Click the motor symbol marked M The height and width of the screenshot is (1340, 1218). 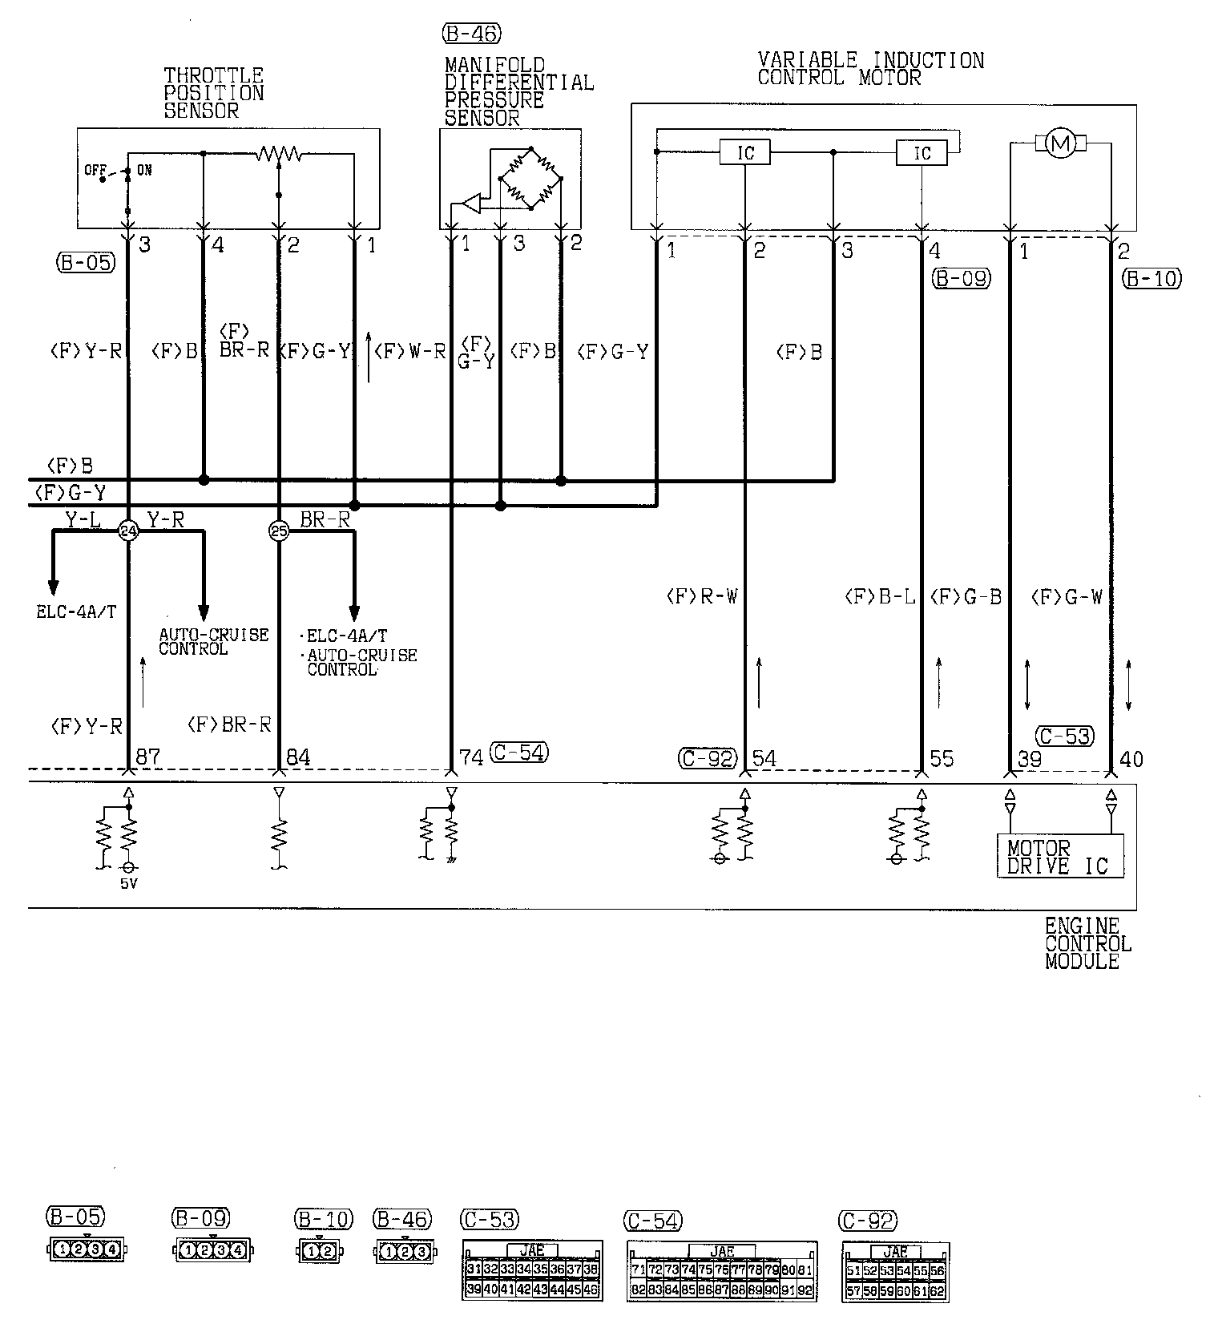point(1060,144)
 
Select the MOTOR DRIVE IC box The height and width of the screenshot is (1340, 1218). point(1059,856)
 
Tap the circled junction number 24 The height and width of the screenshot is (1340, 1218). point(128,531)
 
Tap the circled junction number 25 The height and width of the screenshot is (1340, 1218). point(278,531)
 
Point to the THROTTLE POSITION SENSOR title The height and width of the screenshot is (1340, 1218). point(213,93)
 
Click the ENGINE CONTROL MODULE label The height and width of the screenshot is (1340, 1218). point(1087,943)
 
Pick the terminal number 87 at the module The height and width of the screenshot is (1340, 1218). point(148,757)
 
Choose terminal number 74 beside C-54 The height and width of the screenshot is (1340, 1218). point(471,757)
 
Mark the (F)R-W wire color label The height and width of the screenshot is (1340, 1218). point(701,596)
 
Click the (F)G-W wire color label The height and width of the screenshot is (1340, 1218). point(1067,596)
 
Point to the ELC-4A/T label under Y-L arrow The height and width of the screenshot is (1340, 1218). point(76,612)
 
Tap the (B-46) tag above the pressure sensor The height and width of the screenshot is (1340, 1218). point(470,34)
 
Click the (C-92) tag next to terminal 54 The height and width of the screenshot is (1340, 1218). point(706,757)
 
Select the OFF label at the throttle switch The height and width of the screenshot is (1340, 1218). point(95,170)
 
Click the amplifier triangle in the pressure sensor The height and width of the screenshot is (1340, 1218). point(471,204)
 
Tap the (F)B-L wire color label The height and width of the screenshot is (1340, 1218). point(879,596)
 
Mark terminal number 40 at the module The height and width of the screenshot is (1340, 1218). point(1131,757)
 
